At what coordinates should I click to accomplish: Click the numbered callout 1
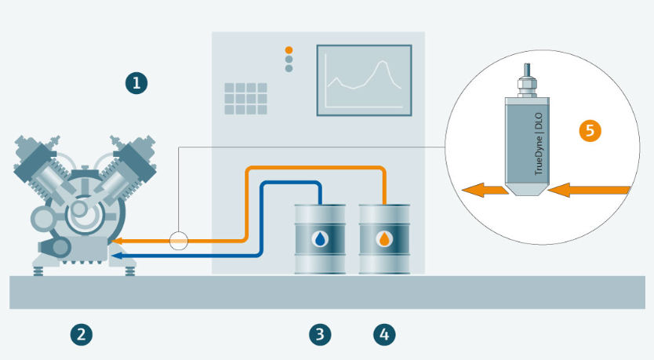click(136, 82)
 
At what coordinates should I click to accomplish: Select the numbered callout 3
click(319, 335)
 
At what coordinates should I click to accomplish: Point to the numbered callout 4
click(383, 335)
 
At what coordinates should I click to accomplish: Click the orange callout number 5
click(590, 130)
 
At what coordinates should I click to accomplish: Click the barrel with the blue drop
click(319, 238)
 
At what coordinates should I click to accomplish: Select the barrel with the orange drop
click(384, 238)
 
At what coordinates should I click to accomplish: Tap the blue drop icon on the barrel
click(319, 238)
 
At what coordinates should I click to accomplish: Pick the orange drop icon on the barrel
click(384, 238)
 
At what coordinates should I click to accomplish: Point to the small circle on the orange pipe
click(179, 240)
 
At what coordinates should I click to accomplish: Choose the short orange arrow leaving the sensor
click(483, 189)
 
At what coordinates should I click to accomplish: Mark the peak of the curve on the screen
click(384, 64)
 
